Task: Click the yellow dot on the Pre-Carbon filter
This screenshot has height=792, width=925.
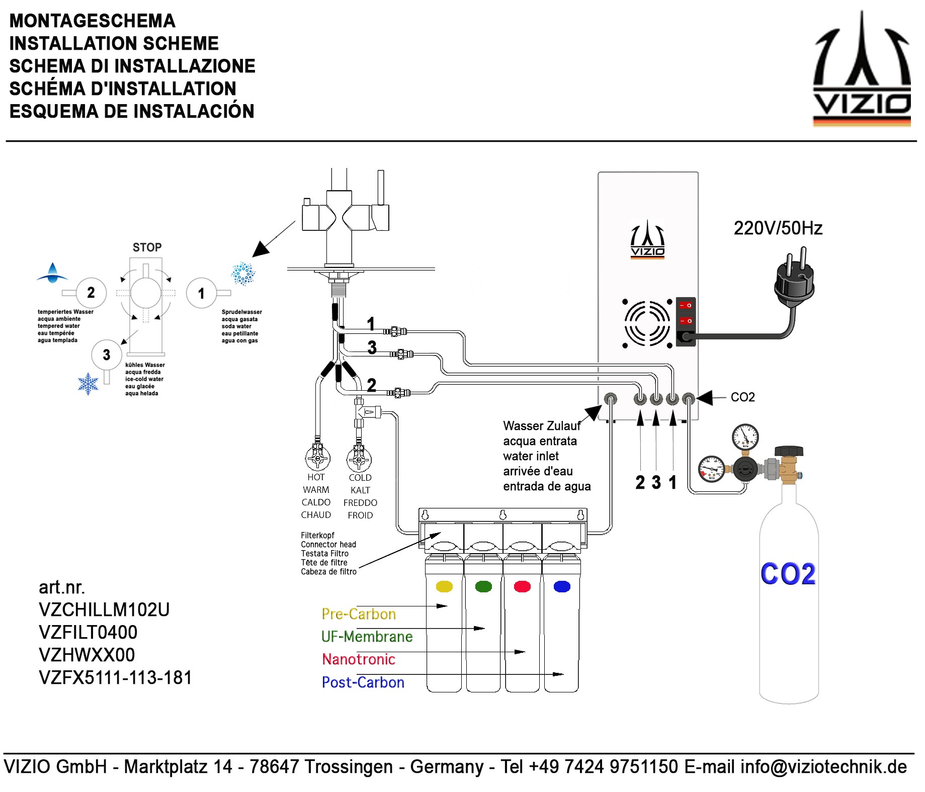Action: pos(444,586)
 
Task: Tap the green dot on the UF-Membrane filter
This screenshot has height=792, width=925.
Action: pos(483,586)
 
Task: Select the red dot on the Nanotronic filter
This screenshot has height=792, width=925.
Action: pos(523,586)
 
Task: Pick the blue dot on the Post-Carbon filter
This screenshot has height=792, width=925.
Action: pos(562,586)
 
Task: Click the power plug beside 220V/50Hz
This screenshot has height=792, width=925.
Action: pos(794,282)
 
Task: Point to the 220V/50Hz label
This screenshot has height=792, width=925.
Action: pos(778,228)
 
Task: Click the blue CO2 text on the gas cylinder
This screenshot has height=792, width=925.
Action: pos(788,574)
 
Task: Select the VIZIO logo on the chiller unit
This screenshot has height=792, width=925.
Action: pos(647,239)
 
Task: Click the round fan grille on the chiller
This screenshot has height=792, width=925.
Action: pos(647,323)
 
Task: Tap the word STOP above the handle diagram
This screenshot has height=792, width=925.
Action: pos(147,247)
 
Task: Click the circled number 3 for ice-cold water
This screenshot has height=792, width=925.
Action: pos(106,355)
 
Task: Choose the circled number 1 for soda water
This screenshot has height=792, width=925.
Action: pos(201,293)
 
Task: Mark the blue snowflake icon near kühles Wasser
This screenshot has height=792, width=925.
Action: pos(88,384)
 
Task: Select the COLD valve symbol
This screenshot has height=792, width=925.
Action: pos(359,459)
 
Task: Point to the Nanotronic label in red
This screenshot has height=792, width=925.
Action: pos(359,659)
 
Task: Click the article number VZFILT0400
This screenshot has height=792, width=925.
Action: pos(88,632)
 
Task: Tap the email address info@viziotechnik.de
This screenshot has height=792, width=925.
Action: pos(823,767)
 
